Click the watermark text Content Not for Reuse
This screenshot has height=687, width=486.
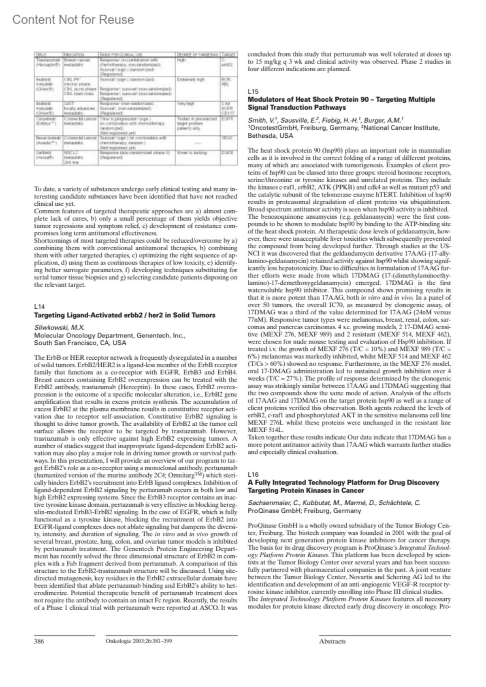[73, 20]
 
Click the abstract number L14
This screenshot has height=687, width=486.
[39, 307]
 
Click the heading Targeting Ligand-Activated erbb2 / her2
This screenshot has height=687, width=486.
[125, 315]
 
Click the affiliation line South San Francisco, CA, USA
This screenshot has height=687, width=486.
[80, 343]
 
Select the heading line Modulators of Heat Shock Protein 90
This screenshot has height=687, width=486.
[341, 100]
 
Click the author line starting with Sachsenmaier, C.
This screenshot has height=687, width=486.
[334, 504]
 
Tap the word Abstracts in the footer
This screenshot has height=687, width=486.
[332, 641]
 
